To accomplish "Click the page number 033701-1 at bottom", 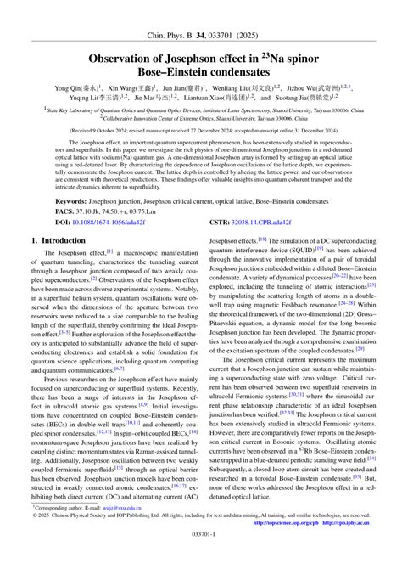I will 201,558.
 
